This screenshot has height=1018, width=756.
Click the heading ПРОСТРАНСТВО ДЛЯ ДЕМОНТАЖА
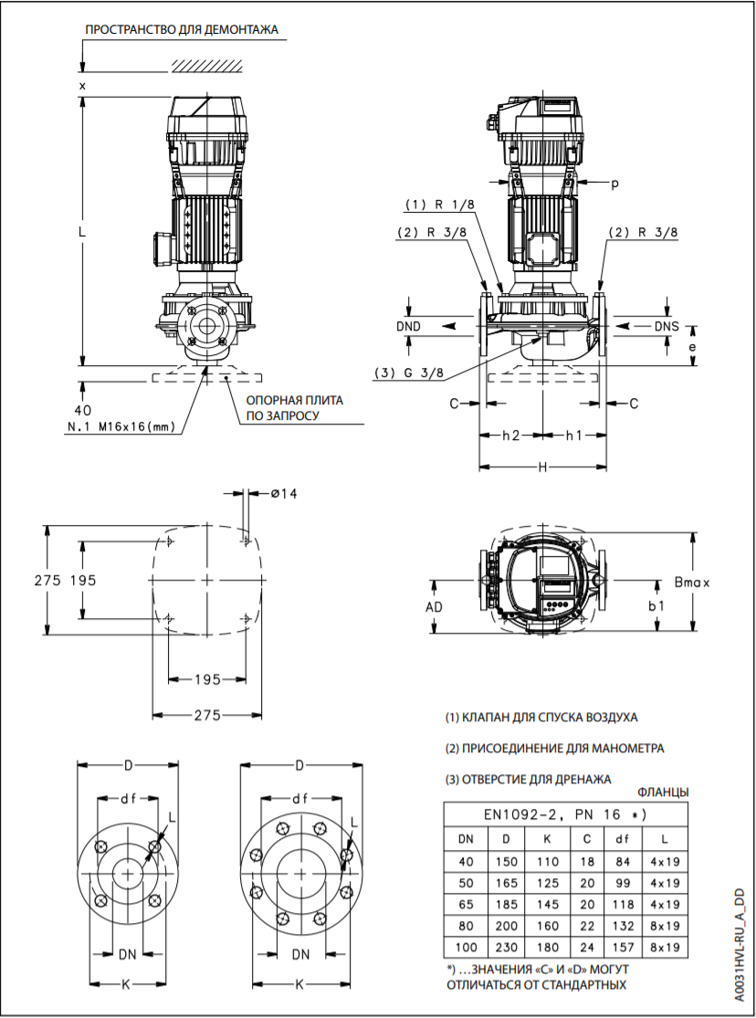181,30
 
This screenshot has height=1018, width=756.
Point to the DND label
409,326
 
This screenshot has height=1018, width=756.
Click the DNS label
667,326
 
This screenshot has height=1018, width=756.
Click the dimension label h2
510,436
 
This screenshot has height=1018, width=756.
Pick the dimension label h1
572,436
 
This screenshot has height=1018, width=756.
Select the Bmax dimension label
692,581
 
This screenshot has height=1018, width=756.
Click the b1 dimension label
656,605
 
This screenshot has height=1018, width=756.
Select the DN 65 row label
465,904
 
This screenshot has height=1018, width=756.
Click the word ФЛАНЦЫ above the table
662,792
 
